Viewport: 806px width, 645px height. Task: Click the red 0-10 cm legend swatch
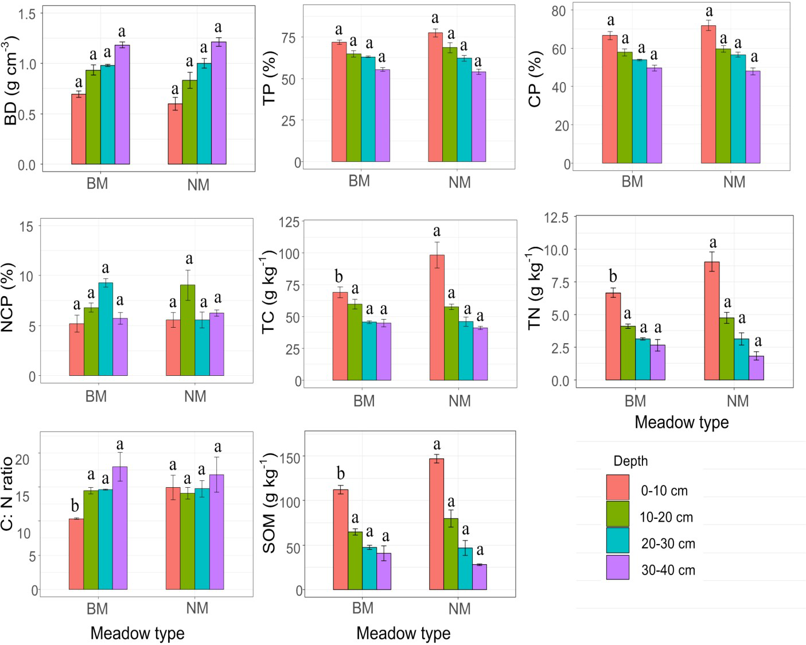pyautogui.click(x=617, y=487)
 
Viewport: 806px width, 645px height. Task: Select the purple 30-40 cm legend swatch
pyautogui.click(x=617, y=567)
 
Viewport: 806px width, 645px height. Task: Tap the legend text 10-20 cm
pyautogui.click(x=666, y=517)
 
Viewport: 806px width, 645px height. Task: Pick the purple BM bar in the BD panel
pyautogui.click(x=122, y=104)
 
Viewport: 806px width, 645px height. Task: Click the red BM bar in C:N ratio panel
pyautogui.click(x=76, y=554)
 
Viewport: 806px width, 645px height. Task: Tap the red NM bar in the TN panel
pyautogui.click(x=711, y=321)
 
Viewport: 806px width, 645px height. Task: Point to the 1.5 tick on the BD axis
pyautogui.click(x=26, y=14)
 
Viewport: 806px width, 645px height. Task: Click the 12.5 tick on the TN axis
pyautogui.click(x=556, y=218)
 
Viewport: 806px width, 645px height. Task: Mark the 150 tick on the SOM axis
pyautogui.click(x=292, y=457)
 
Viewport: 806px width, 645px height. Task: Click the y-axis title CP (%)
pyautogui.click(x=535, y=79)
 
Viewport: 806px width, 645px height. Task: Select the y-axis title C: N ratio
pyautogui.click(x=7, y=494)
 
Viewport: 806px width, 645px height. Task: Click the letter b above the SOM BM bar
pyautogui.click(x=341, y=474)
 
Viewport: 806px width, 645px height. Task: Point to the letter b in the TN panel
pyautogui.click(x=613, y=277)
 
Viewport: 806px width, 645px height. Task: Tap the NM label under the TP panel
pyautogui.click(x=459, y=182)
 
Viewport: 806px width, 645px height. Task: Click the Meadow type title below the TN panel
pyautogui.click(x=682, y=422)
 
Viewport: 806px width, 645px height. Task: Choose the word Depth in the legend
pyautogui.click(x=630, y=461)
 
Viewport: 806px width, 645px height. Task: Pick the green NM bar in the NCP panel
pyautogui.click(x=188, y=330)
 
